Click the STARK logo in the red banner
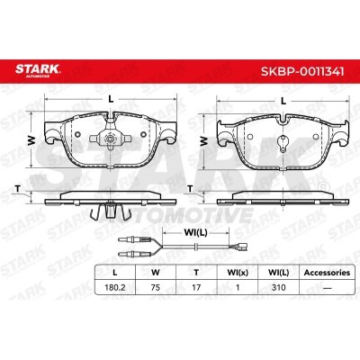[38, 70]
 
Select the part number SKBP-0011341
[302, 72]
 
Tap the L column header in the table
[114, 273]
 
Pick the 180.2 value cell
[114, 287]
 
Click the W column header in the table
[156, 273]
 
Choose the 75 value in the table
[156, 287]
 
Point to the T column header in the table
[196, 273]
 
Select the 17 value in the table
[196, 287]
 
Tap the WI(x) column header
[238, 273]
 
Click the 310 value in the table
[278, 287]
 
